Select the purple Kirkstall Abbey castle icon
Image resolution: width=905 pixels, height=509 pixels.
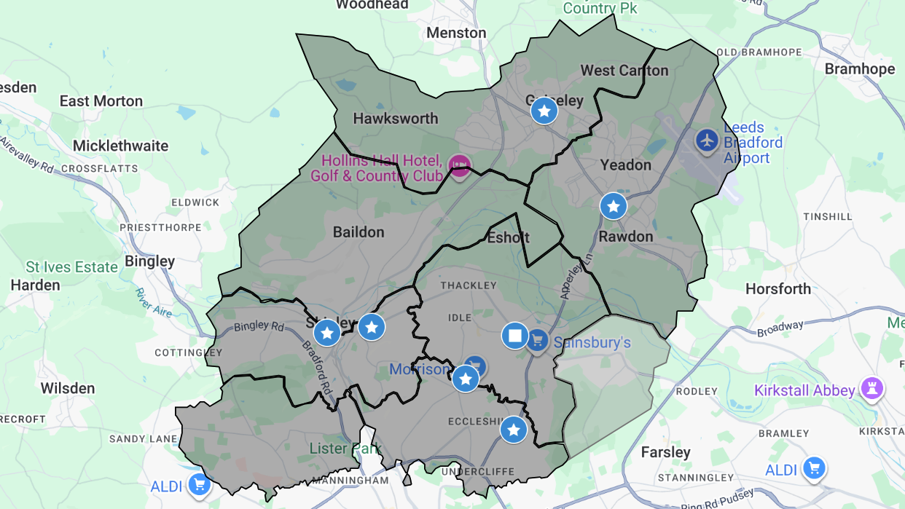[x=871, y=390]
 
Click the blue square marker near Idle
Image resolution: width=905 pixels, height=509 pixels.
[x=515, y=336]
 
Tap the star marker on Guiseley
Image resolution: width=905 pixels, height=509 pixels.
[x=544, y=111]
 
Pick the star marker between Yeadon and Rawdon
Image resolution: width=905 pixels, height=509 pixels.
[x=614, y=207]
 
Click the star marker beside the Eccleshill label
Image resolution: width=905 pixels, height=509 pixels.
[x=514, y=430]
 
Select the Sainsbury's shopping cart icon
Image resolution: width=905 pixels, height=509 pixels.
[x=537, y=340]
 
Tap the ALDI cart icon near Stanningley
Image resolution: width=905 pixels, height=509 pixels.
[x=814, y=468]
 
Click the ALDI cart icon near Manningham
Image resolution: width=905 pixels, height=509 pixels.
[x=198, y=484]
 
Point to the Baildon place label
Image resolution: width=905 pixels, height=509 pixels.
[x=358, y=232]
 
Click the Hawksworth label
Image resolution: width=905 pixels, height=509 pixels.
[x=396, y=119]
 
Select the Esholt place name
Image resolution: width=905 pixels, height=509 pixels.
[x=508, y=238]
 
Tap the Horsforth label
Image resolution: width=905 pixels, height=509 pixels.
[x=777, y=289]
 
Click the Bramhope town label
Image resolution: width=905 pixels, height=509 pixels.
[x=859, y=69]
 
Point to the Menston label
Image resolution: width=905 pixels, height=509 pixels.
[x=456, y=33]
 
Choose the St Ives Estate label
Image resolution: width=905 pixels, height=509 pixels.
[x=71, y=267]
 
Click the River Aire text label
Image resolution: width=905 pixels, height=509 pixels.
[x=153, y=302]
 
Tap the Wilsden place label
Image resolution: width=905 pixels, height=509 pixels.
[x=68, y=388]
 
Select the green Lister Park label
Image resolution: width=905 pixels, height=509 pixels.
[x=345, y=449]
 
